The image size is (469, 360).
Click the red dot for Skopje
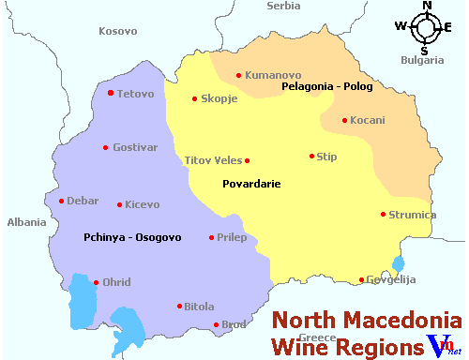click(x=194, y=99)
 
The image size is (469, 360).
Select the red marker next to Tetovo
click(x=111, y=93)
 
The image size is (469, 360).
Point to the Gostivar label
click(x=136, y=147)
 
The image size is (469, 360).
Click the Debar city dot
click(x=61, y=201)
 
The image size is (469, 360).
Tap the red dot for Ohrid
click(x=96, y=282)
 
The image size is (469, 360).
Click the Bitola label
click(x=200, y=307)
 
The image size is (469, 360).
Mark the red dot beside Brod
click(x=216, y=325)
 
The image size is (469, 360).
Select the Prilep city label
click(x=232, y=238)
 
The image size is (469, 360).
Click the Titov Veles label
click(x=213, y=160)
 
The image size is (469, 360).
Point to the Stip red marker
click(x=311, y=157)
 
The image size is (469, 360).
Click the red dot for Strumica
click(x=383, y=214)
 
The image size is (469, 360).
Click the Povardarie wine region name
click(x=251, y=185)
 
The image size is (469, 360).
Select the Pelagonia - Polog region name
click(x=327, y=87)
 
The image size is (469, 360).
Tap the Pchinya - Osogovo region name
click(x=131, y=237)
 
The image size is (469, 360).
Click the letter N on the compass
click(x=427, y=6)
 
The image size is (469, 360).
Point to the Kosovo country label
click(x=118, y=31)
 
